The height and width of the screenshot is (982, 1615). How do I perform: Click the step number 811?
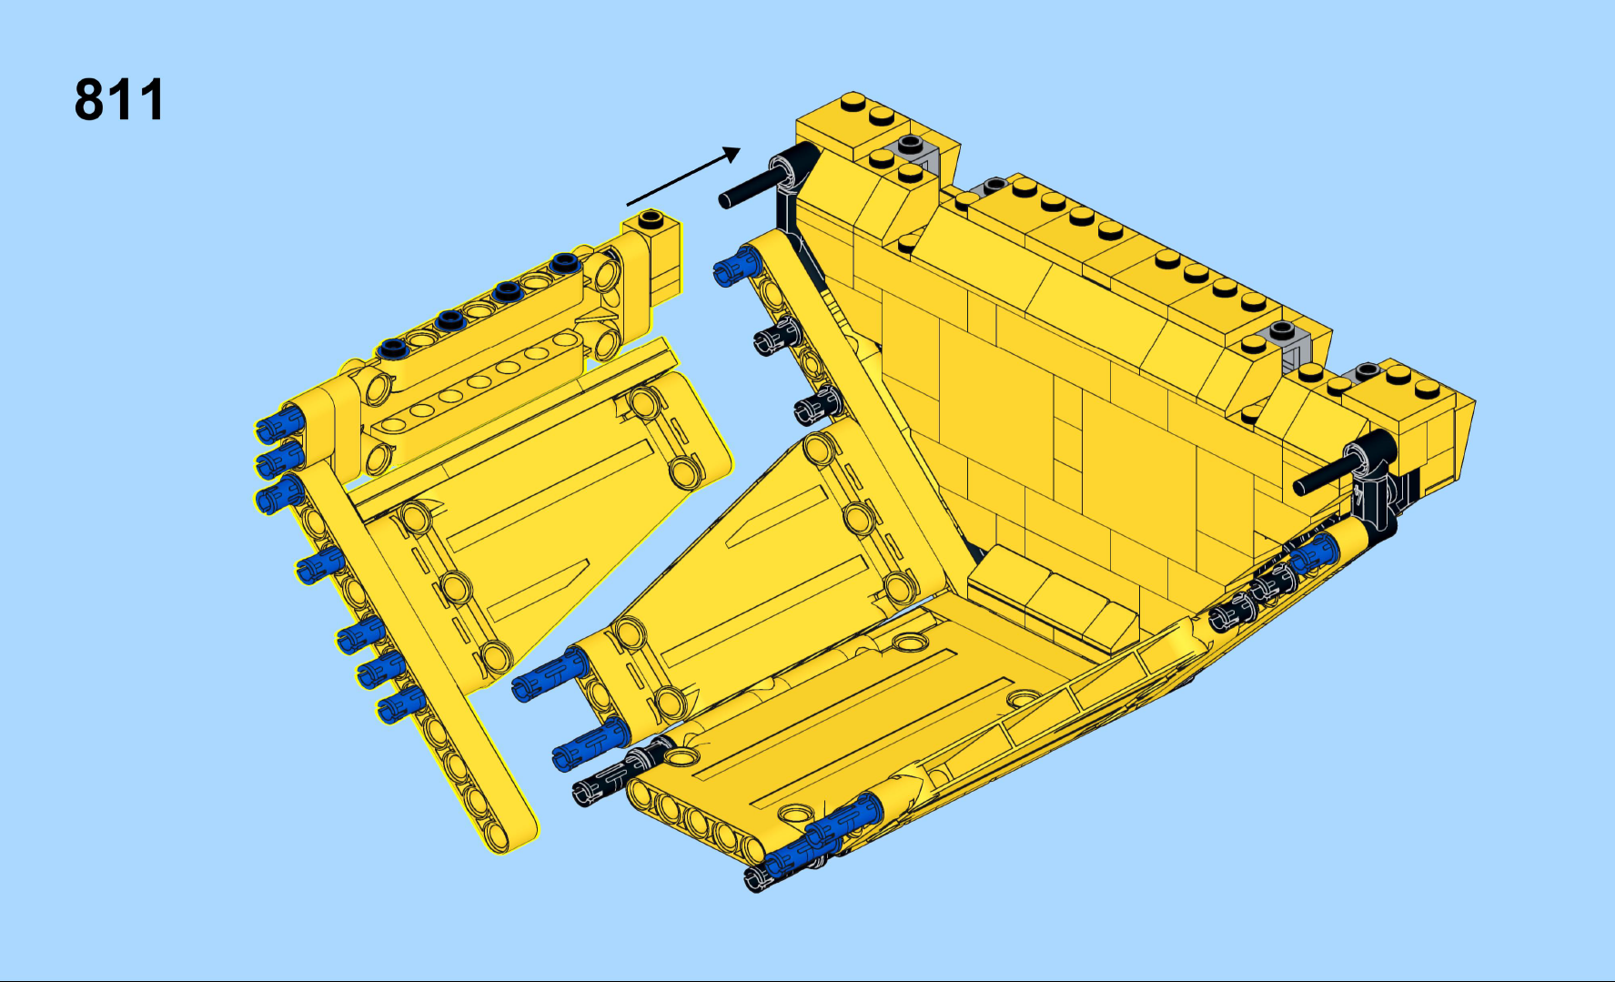(119, 99)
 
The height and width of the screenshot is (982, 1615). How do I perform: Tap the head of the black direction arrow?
(732, 154)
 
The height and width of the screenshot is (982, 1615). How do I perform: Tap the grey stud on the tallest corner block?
(910, 145)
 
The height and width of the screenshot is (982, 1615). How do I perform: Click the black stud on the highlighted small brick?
(651, 218)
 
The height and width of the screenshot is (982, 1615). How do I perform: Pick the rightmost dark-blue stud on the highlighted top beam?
(564, 262)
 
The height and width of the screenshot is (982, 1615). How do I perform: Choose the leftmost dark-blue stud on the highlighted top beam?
(393, 348)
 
